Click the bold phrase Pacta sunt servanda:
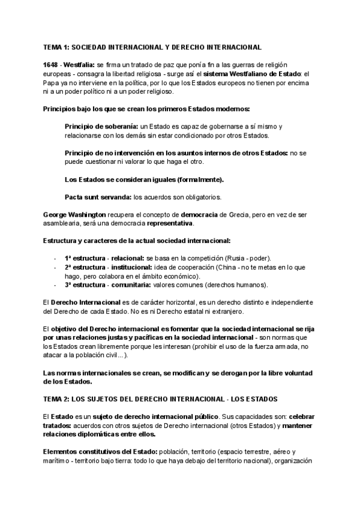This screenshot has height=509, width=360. click(98, 196)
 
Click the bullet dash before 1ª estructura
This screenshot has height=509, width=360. click(55, 258)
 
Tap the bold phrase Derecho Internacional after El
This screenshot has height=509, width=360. click(85, 302)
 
